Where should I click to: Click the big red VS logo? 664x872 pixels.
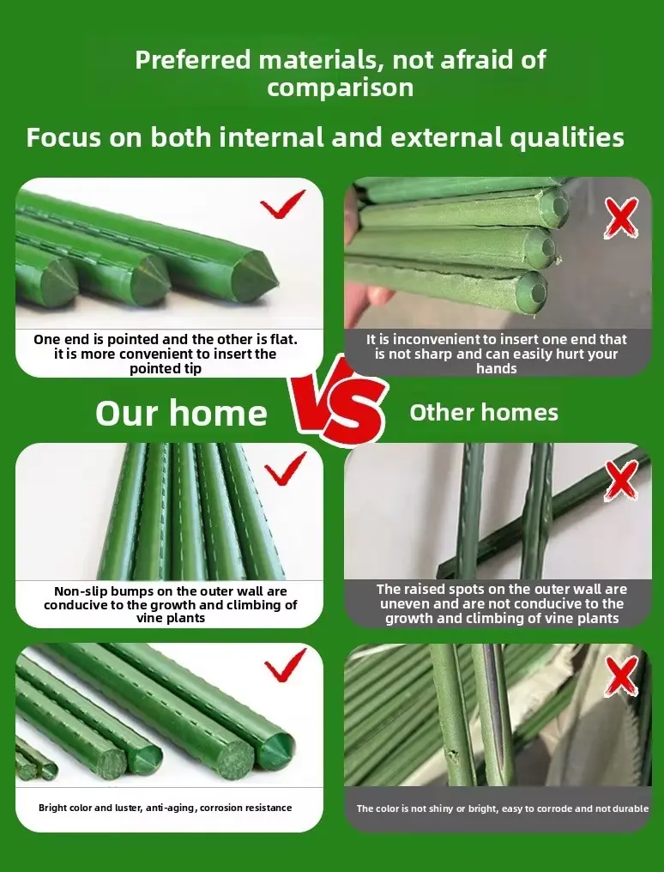[338, 403]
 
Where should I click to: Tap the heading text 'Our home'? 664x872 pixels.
[181, 413]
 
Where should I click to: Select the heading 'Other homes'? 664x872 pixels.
[484, 413]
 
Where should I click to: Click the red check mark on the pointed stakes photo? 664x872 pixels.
[283, 203]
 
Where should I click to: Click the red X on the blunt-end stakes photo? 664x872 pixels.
[621, 218]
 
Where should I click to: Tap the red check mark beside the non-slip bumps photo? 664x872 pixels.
[285, 469]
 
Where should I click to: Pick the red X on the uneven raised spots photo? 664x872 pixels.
[622, 481]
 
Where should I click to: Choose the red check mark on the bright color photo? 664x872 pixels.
[285, 665]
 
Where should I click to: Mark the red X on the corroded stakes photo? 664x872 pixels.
[621, 675]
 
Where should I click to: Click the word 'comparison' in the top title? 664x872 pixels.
[340, 88]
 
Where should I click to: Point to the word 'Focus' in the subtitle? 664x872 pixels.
[63, 137]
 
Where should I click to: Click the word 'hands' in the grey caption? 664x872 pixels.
[497, 368]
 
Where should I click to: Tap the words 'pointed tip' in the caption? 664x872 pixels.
[166, 369]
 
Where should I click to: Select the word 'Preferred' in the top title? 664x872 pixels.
[193, 59]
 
